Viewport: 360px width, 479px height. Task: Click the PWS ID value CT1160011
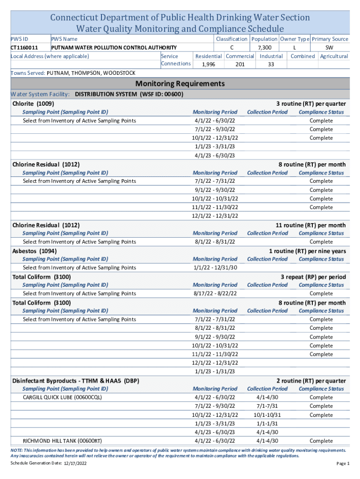[24, 48]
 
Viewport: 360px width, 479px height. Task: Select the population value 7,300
[264, 48]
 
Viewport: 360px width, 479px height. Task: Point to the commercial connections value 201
[240, 65]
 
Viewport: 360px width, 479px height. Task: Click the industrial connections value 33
[271, 65]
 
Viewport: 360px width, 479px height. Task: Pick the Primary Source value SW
[330, 48]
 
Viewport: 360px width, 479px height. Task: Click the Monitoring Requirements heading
[180, 84]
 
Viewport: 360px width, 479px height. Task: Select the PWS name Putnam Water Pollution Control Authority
[114, 48]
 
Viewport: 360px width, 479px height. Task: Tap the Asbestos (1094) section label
[35, 251]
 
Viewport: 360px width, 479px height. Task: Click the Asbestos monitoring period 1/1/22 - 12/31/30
[215, 268]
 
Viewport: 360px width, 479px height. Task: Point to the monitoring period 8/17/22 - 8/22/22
[215, 293]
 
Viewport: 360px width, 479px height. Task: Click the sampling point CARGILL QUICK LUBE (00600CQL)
[62, 398]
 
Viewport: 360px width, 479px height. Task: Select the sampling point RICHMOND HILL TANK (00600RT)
[62, 441]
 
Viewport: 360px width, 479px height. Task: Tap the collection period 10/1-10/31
[267, 415]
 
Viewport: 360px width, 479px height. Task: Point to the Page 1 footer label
[342, 463]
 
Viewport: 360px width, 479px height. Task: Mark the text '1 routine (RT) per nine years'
[307, 251]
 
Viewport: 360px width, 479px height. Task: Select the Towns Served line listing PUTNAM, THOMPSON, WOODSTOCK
[73, 73]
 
